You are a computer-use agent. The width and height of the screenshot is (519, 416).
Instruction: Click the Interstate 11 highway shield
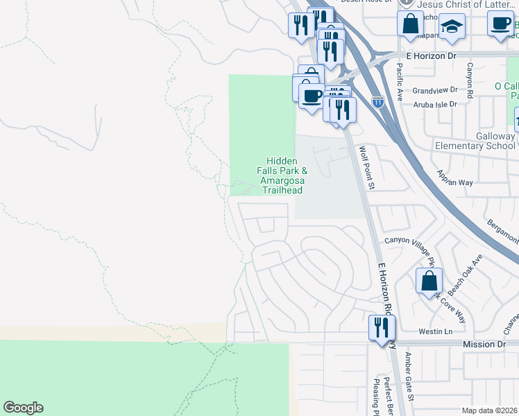click(x=377, y=103)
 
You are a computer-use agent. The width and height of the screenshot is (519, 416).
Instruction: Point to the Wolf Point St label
click(x=366, y=167)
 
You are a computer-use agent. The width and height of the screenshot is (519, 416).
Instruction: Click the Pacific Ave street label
click(x=400, y=82)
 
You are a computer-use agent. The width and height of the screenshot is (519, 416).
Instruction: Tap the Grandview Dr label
click(x=435, y=90)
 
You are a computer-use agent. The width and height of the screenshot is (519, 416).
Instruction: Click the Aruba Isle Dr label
click(x=435, y=104)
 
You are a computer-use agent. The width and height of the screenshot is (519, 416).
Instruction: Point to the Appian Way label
click(x=454, y=178)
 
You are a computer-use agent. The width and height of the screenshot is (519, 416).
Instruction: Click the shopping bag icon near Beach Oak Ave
click(x=429, y=280)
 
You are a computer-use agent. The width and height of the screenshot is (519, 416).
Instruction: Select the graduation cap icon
click(x=452, y=26)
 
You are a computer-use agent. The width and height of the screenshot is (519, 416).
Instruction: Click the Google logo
click(x=23, y=408)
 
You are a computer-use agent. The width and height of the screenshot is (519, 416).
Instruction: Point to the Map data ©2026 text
click(x=489, y=410)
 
